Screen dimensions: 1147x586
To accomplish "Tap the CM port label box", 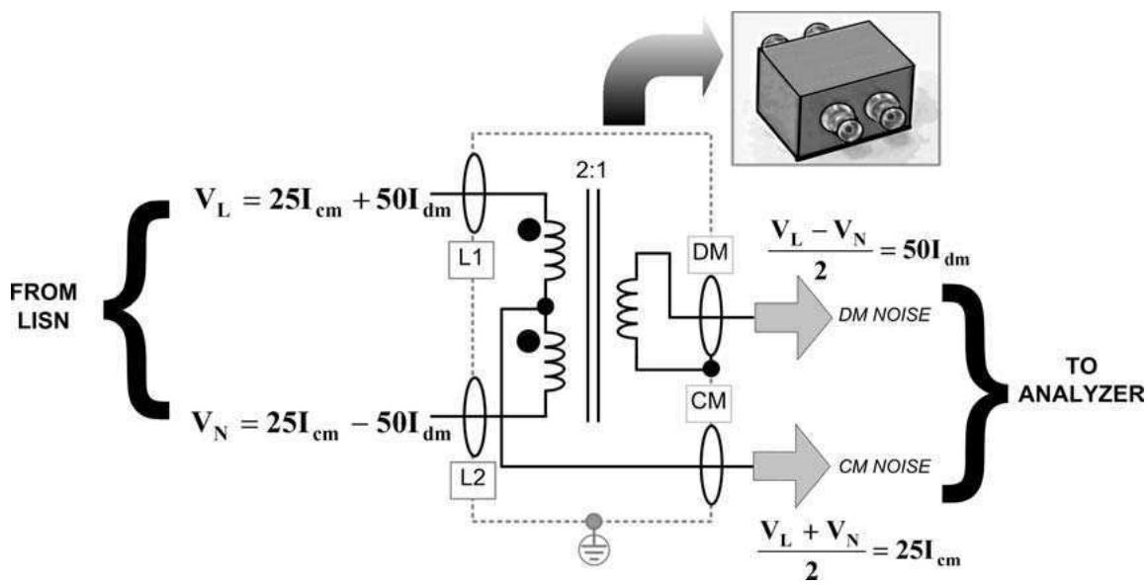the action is pos(707,399).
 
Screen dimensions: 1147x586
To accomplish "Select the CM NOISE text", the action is pos(885,465).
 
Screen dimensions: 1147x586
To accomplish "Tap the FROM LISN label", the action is pos(44,306).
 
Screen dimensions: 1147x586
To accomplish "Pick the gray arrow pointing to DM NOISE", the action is pos(788,317).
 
